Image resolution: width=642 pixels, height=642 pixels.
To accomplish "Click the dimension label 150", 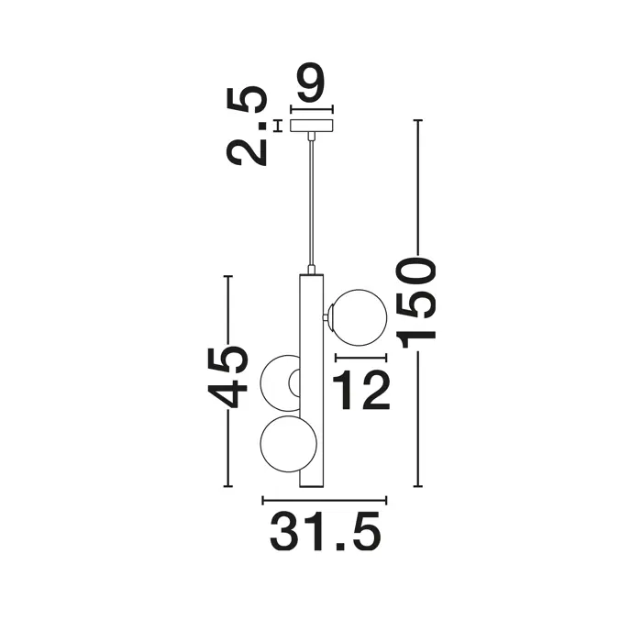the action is click(x=415, y=303).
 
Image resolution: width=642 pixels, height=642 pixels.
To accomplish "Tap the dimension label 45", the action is click(x=227, y=378).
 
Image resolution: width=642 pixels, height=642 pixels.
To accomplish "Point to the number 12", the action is click(x=360, y=390).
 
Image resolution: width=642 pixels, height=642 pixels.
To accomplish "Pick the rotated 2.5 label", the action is click(x=247, y=126).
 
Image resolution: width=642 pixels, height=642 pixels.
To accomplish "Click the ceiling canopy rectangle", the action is click(x=312, y=126).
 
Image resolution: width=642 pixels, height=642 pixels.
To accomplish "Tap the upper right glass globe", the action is click(x=358, y=317).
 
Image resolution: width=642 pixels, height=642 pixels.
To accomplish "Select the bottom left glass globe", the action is click(x=288, y=444).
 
